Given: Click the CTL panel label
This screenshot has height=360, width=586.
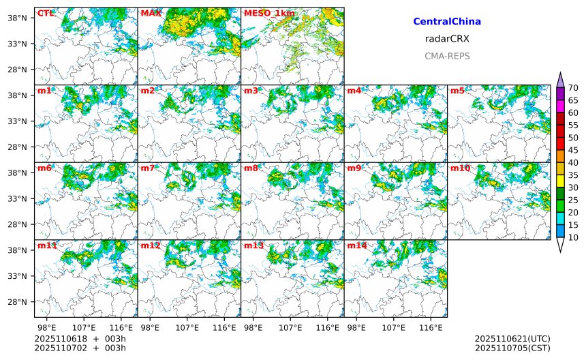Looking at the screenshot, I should click(45, 13).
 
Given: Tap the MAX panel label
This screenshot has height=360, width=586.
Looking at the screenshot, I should click(151, 13).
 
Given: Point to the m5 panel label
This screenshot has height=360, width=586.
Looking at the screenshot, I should click(458, 91).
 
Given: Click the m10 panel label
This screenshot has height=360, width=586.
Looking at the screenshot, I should click(460, 168).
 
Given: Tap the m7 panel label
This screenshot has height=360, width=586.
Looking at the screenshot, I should click(148, 168).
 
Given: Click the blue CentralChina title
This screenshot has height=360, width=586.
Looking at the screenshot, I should click(447, 22).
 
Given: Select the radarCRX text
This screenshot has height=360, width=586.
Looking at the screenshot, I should click(447, 39).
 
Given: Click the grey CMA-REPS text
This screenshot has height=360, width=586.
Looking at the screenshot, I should click(447, 56).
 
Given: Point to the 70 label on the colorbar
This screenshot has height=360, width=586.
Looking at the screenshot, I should click(573, 87).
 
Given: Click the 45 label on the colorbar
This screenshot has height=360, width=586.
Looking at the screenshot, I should click(573, 150).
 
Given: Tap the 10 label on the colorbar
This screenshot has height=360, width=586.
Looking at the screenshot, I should click(573, 237).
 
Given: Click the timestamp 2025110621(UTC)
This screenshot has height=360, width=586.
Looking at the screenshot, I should click(512, 339).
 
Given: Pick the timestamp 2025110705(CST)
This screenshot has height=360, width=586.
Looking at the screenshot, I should click(512, 348).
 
